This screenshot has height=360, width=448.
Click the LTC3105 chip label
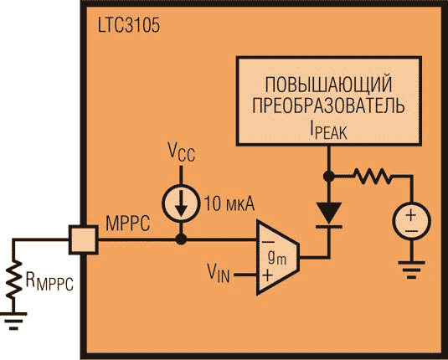coord(129,26)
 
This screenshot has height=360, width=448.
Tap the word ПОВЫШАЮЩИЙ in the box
coord(328,85)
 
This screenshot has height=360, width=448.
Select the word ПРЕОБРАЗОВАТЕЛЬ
coord(328,105)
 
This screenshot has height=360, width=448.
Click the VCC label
coord(181,152)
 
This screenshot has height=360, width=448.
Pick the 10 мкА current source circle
coord(181,203)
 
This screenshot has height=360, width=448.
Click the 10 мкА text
coord(229,204)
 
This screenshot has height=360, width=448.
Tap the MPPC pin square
coord(84,239)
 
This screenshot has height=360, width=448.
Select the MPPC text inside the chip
coord(128,224)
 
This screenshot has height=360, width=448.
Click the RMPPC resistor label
coord(49,281)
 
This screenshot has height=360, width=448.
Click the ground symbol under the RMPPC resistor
coord(13,321)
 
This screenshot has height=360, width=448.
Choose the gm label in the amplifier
coord(277,259)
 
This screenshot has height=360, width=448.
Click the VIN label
coord(219,273)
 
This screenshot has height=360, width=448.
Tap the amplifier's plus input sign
coord(267,275)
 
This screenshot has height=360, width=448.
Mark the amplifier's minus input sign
coord(268,242)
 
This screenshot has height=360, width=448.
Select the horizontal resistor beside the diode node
coord(373,177)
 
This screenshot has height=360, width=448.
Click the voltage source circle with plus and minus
coord(412,222)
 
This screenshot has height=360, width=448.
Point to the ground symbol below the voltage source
coord(412,270)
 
